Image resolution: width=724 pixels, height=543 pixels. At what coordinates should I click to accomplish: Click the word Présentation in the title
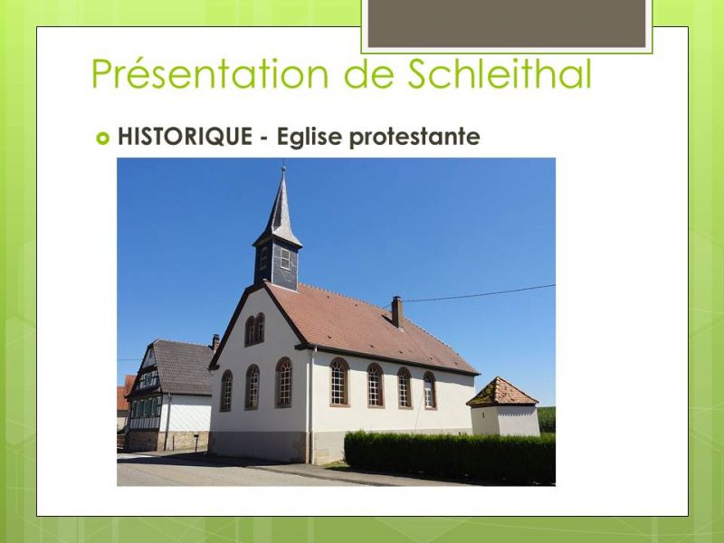point(210,73)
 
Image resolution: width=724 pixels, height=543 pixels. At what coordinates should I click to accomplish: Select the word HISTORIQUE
point(185,137)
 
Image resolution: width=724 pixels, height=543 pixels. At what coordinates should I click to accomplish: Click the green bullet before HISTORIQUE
point(103,138)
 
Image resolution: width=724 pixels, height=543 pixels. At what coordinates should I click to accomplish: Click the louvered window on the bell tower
point(285,259)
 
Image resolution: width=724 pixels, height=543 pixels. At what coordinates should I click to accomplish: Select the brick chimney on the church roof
point(397,311)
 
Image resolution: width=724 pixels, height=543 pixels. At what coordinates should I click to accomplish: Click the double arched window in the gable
point(254,329)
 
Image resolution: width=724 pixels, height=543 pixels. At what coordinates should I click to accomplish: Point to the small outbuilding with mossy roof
point(503,405)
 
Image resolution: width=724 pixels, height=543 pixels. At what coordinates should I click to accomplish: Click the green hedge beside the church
point(450,457)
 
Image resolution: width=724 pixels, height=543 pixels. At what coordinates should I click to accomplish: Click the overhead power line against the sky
point(479,293)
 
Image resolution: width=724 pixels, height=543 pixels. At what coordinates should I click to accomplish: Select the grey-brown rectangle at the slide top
point(507,24)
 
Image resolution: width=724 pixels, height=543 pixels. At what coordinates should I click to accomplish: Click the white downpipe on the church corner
point(311,405)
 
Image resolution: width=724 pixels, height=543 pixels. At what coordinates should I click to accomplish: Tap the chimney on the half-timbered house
point(215,342)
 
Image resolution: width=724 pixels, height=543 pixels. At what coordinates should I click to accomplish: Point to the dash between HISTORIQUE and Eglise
point(264,138)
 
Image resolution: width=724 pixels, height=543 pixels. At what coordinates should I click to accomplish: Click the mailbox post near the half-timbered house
point(196,443)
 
